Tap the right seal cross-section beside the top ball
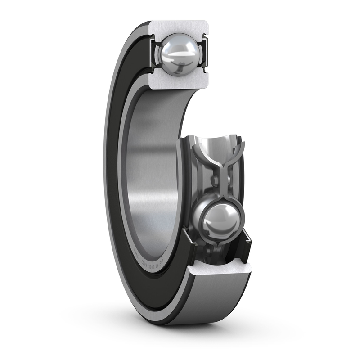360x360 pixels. pos(206,54)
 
